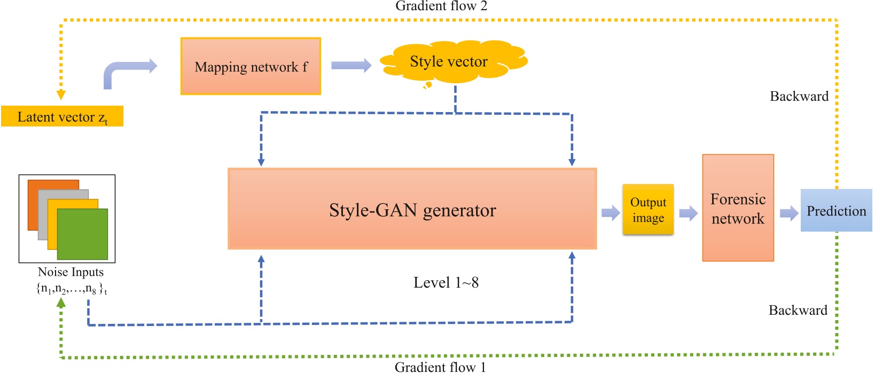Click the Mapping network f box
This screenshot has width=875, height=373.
coord(251,66)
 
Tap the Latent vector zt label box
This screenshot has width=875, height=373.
coord(62,116)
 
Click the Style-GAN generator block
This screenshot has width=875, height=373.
coord(412,209)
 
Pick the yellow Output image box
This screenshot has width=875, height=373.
coord(647,210)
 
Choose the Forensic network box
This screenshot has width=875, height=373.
coord(738,208)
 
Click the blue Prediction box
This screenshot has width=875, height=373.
coord(836,210)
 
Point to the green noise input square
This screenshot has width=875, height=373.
coord(83,235)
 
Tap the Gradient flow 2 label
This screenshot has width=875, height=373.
coord(441,6)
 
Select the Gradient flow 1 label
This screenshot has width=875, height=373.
coord(440,367)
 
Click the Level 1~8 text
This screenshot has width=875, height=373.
coord(446,282)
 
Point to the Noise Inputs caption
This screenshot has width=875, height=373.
coord(71,272)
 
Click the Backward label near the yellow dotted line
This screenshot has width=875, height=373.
coord(799,96)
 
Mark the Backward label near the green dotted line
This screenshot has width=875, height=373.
coord(798,310)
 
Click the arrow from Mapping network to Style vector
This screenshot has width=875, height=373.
coord(351,65)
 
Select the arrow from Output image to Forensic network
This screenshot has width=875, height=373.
coord(688,213)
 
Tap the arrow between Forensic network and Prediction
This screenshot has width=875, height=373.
coord(788,214)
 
